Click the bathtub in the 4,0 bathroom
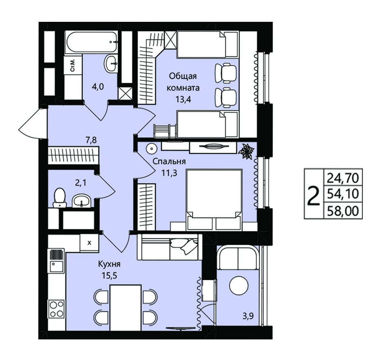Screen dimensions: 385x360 (92, 42)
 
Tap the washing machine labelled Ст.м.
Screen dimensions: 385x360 (73, 65)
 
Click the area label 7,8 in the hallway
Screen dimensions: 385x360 (91, 140)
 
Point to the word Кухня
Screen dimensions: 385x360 (109, 264)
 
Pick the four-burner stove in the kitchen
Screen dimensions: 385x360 (56, 309)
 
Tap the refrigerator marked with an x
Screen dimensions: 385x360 (89, 243)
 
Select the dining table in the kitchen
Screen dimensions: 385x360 (125, 308)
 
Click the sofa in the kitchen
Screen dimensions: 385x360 (169, 247)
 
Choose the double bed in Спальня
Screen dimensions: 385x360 (214, 199)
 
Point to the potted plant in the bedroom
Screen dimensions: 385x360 (246, 152)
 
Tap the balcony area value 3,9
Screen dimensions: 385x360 (248, 316)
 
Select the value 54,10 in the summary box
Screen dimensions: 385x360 (343, 194)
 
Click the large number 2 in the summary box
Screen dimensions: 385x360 (314, 196)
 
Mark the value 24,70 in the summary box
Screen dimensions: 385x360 (343, 178)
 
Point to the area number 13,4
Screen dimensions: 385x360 (183, 99)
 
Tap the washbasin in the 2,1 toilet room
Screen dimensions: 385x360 (81, 201)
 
